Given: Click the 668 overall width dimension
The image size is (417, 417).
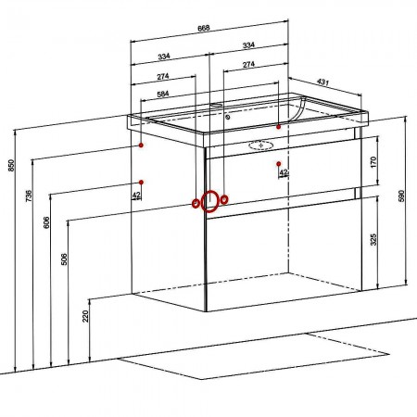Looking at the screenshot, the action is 204,28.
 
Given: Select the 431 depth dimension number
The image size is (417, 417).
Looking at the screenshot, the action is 322,82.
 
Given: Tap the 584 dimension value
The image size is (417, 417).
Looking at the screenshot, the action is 163,94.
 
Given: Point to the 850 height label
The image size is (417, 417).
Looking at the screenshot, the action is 11,165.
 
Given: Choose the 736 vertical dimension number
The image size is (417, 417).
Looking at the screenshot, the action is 29,196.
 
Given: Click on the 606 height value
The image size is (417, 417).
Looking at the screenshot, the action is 46,222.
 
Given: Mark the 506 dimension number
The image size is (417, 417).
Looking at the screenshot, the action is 64,259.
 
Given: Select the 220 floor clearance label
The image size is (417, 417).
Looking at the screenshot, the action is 85,316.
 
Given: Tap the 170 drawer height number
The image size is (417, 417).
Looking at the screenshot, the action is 373,162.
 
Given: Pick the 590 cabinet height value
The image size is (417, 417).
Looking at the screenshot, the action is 401,196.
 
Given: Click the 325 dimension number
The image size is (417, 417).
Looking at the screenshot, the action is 373,239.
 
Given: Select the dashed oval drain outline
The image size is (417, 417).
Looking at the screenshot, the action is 261,145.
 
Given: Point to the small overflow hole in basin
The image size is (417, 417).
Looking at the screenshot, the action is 228,117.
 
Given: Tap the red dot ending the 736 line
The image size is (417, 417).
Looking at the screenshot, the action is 141,145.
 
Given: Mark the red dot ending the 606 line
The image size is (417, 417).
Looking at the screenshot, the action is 141,183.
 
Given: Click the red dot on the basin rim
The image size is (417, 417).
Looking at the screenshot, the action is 279,127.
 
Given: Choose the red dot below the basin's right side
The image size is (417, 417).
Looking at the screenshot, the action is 279,164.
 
